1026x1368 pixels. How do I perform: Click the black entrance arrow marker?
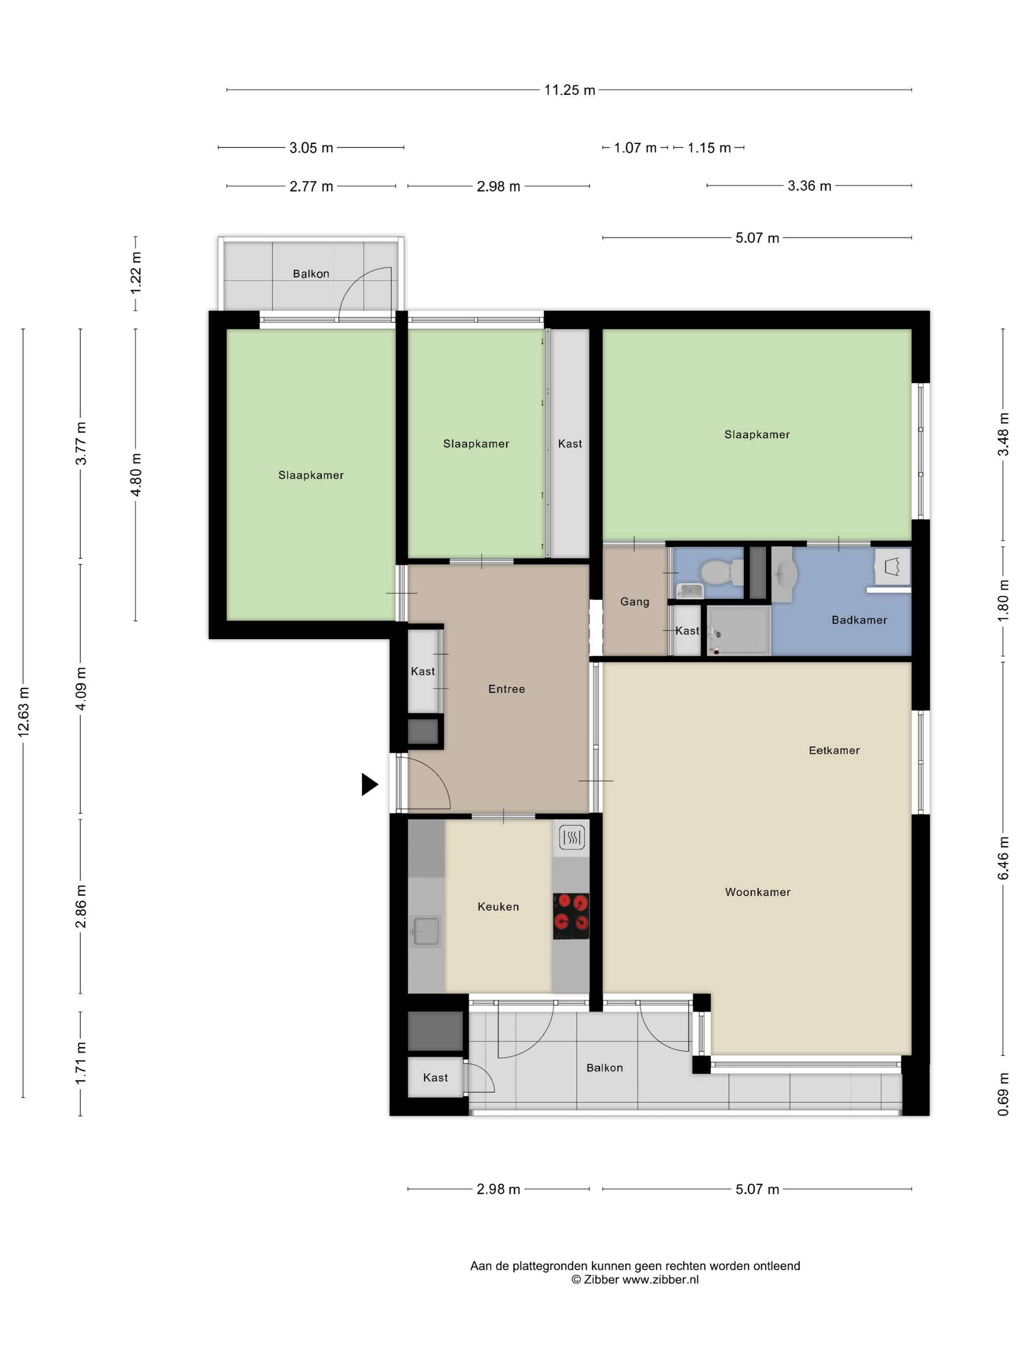click(369, 784)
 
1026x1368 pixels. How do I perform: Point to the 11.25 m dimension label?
click(570, 90)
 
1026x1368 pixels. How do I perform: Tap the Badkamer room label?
click(859, 620)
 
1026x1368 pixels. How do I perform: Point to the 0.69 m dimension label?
click(1003, 1094)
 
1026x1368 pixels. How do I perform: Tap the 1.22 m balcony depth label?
click(135, 273)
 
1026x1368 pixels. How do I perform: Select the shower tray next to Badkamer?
click(738, 630)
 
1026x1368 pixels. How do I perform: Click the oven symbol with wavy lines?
click(572, 838)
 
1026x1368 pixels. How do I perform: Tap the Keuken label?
click(498, 907)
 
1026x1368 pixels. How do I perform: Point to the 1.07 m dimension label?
click(635, 148)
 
